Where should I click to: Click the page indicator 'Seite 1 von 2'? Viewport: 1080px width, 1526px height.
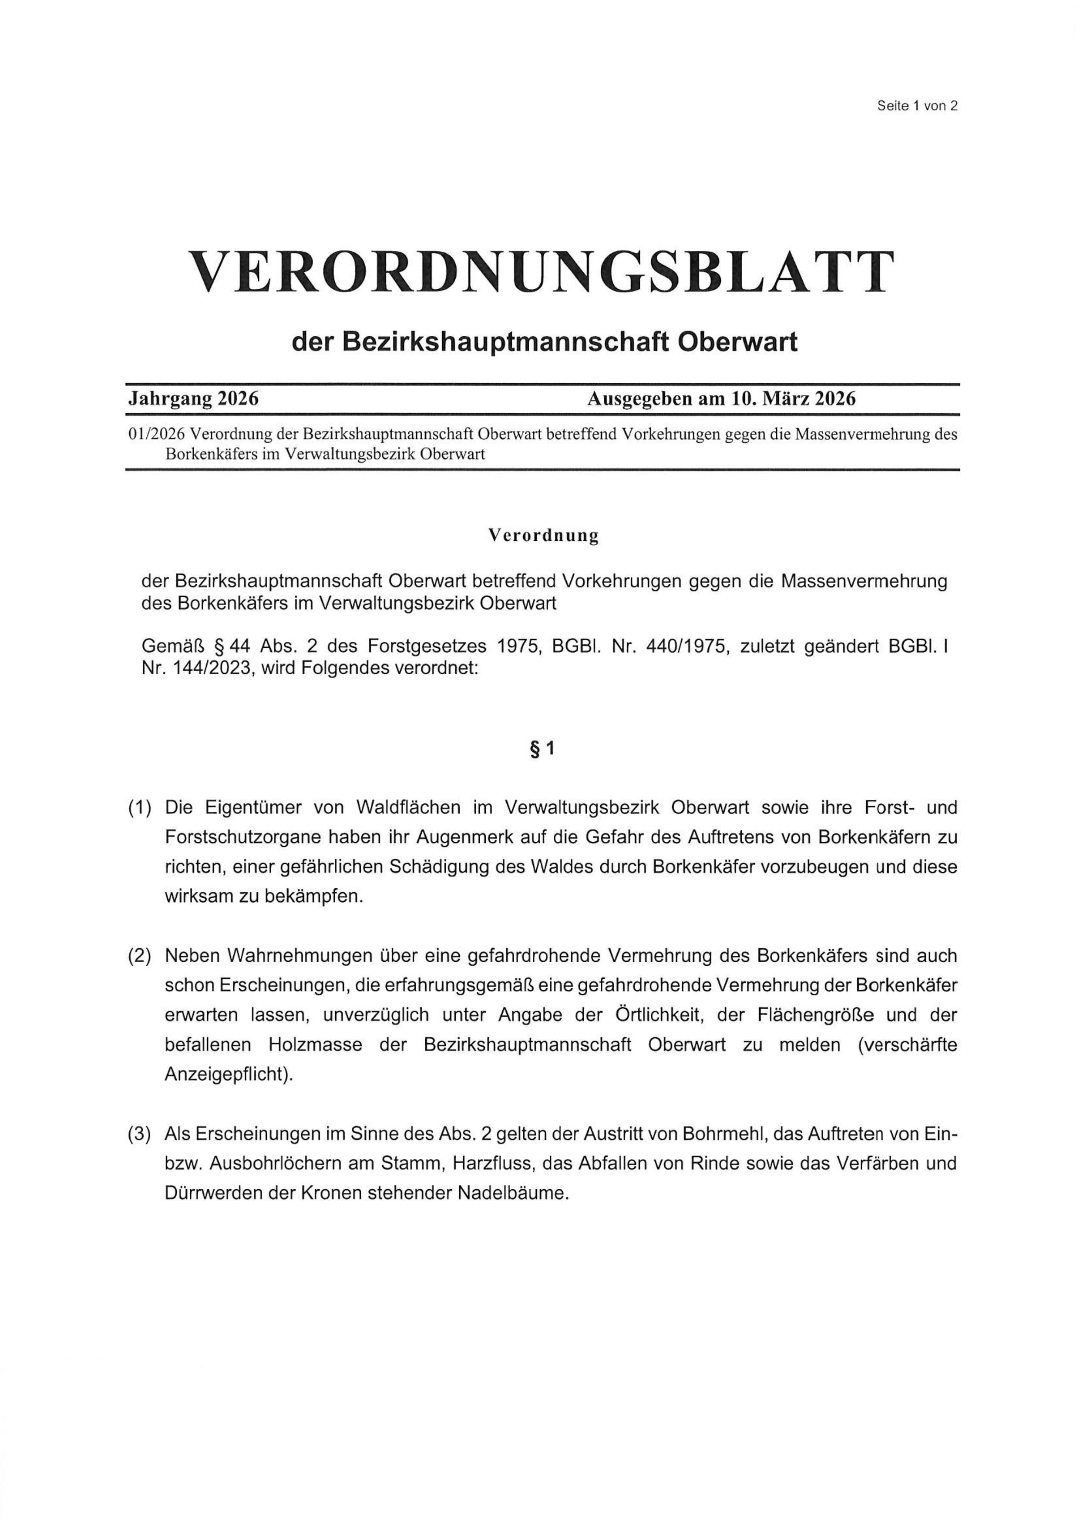pyautogui.click(x=917, y=106)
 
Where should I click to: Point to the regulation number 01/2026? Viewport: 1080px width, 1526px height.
pyautogui.click(x=157, y=435)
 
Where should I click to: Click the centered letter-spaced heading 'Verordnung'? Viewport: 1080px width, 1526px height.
pyautogui.click(x=543, y=535)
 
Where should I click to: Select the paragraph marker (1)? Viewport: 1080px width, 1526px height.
pyautogui.click(x=140, y=808)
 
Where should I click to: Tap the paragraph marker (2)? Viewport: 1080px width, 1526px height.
pyautogui.click(x=140, y=956)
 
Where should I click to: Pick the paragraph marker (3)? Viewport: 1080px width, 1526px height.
pyautogui.click(x=140, y=1134)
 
